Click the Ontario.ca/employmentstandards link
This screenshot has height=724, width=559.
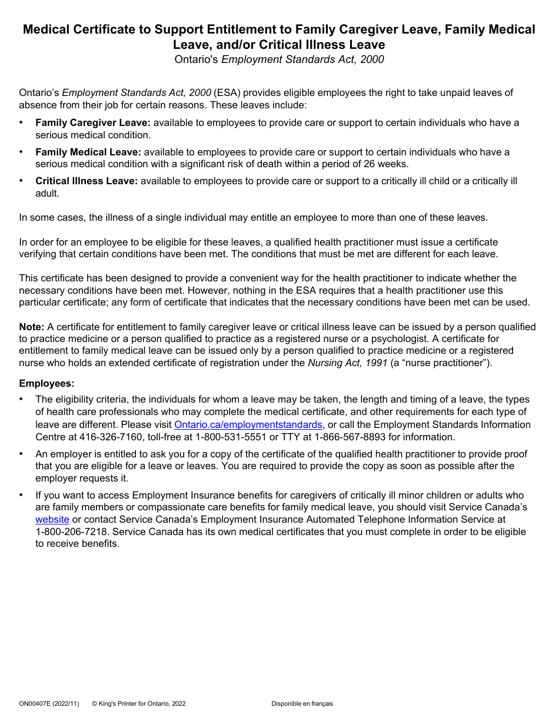[x=248, y=424]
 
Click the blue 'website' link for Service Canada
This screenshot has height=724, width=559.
[x=52, y=519]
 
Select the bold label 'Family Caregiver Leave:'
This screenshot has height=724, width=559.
[x=93, y=122]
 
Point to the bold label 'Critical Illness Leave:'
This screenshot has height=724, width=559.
[x=86, y=181]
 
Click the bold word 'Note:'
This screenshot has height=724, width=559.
[x=31, y=327]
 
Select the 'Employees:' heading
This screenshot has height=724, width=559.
[x=46, y=383]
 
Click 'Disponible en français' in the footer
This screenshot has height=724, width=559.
[x=302, y=703]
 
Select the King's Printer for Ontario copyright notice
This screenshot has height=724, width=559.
[x=139, y=703]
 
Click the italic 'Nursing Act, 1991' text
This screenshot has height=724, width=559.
[x=347, y=363]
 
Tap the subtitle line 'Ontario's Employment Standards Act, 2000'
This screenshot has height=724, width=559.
[x=279, y=59]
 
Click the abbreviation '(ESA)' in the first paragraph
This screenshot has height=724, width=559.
[x=227, y=92]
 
